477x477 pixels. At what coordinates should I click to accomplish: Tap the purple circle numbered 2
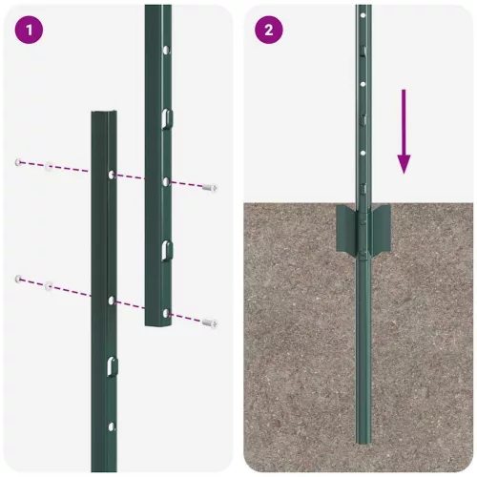(x=268, y=31)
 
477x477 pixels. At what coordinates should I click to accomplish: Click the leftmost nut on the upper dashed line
(x=18, y=163)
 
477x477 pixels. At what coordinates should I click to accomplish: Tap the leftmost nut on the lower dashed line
(x=18, y=279)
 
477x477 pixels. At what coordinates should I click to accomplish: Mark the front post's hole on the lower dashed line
(x=111, y=301)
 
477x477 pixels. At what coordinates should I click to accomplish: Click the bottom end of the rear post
(x=158, y=323)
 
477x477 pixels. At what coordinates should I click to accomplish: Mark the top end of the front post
(x=103, y=114)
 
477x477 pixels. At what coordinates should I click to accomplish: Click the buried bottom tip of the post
(x=363, y=440)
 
